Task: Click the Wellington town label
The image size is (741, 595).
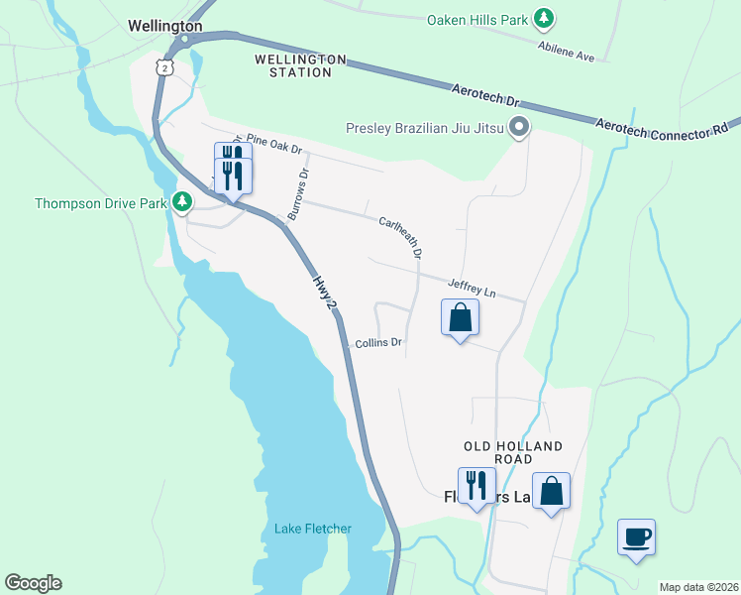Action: click(x=165, y=26)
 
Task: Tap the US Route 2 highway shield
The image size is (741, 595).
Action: click(x=165, y=65)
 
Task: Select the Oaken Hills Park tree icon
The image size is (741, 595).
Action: click(x=543, y=18)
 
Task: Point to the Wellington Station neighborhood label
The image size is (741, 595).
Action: click(x=300, y=65)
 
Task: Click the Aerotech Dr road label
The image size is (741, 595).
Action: click(x=484, y=96)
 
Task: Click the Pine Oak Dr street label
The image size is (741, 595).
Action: click(x=273, y=144)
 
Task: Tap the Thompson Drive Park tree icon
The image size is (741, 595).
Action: click(x=182, y=202)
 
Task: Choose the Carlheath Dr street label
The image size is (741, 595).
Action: click(x=401, y=237)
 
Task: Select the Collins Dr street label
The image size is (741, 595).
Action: click(x=378, y=343)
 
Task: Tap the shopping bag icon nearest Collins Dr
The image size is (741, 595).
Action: click(x=460, y=318)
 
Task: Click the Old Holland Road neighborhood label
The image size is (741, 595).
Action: click(x=513, y=453)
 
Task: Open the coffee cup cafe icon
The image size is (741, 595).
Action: click(x=636, y=537)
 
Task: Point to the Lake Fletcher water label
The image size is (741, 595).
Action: click(x=312, y=529)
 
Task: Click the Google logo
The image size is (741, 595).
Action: click(x=33, y=583)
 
